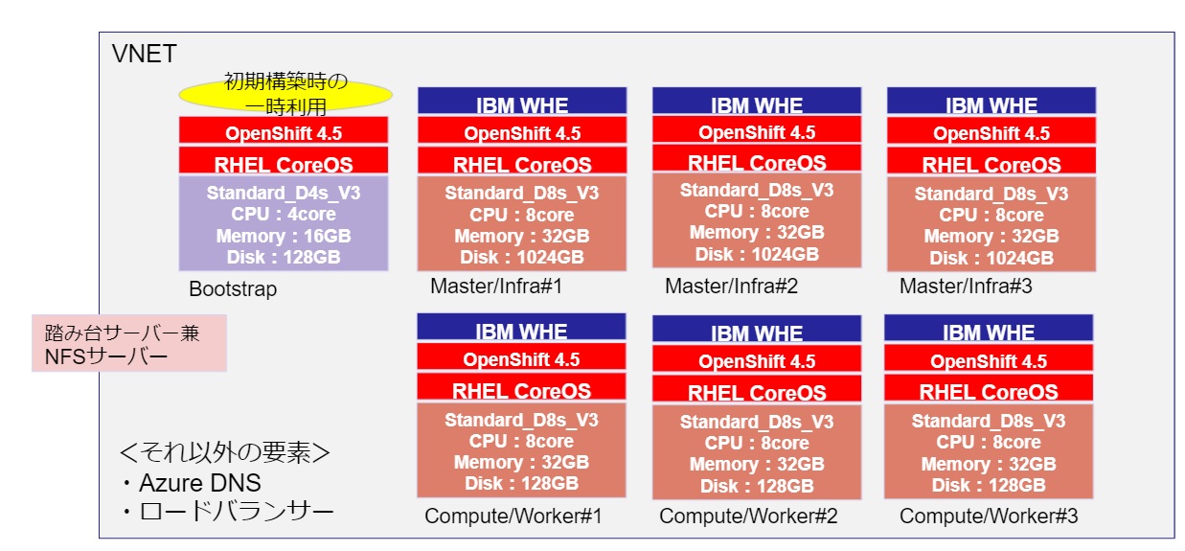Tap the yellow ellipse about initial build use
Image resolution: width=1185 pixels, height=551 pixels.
coord(285,94)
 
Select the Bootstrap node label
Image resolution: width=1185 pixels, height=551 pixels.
coord(233,288)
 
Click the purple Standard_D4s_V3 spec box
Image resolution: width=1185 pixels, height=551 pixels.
coord(284,223)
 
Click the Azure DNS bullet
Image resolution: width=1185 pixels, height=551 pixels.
coord(190,482)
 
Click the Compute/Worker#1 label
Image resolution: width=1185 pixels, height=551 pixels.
coord(513,517)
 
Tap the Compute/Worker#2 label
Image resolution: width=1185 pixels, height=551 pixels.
coord(748,517)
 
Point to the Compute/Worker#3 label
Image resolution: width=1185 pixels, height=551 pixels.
coord(989,517)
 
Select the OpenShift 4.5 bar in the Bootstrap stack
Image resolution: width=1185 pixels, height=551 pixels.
coord(284,131)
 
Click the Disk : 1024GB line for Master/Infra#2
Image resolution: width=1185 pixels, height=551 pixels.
coord(757,254)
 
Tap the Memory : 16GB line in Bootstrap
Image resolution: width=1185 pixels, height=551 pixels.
coord(284,236)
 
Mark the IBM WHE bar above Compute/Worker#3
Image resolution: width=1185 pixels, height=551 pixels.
coord(989,331)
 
